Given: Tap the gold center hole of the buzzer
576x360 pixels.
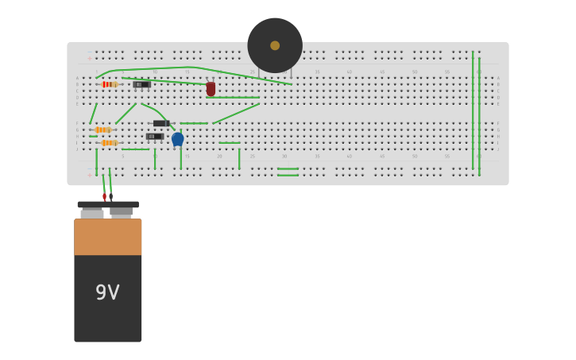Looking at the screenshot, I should coord(275,45).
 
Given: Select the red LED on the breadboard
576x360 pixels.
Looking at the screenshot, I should coord(211,89).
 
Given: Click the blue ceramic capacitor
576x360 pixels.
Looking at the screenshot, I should coord(178,139).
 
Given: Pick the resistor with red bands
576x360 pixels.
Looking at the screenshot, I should coord(109,84).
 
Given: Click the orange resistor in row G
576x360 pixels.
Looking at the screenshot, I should coord(102,130).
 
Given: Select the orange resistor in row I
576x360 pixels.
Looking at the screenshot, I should coord(108,143).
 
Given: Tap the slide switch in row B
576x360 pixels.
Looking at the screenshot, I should coord(142,84).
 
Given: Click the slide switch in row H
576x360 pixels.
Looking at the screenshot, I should coord(155,137).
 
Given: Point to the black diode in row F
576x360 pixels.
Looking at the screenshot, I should coord(161,123).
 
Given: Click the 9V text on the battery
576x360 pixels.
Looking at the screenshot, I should coord(107,292).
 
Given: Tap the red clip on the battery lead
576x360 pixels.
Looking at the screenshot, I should coord(104,196).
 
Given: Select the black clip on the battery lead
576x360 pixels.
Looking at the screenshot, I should coord(110,196).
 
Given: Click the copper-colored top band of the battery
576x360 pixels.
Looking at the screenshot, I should coord(108,237).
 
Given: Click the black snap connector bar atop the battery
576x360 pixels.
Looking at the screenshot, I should coord(108,204).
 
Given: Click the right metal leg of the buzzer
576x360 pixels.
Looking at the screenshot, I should coord(292,73).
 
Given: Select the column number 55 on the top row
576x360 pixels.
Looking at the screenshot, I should coord(447,72).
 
